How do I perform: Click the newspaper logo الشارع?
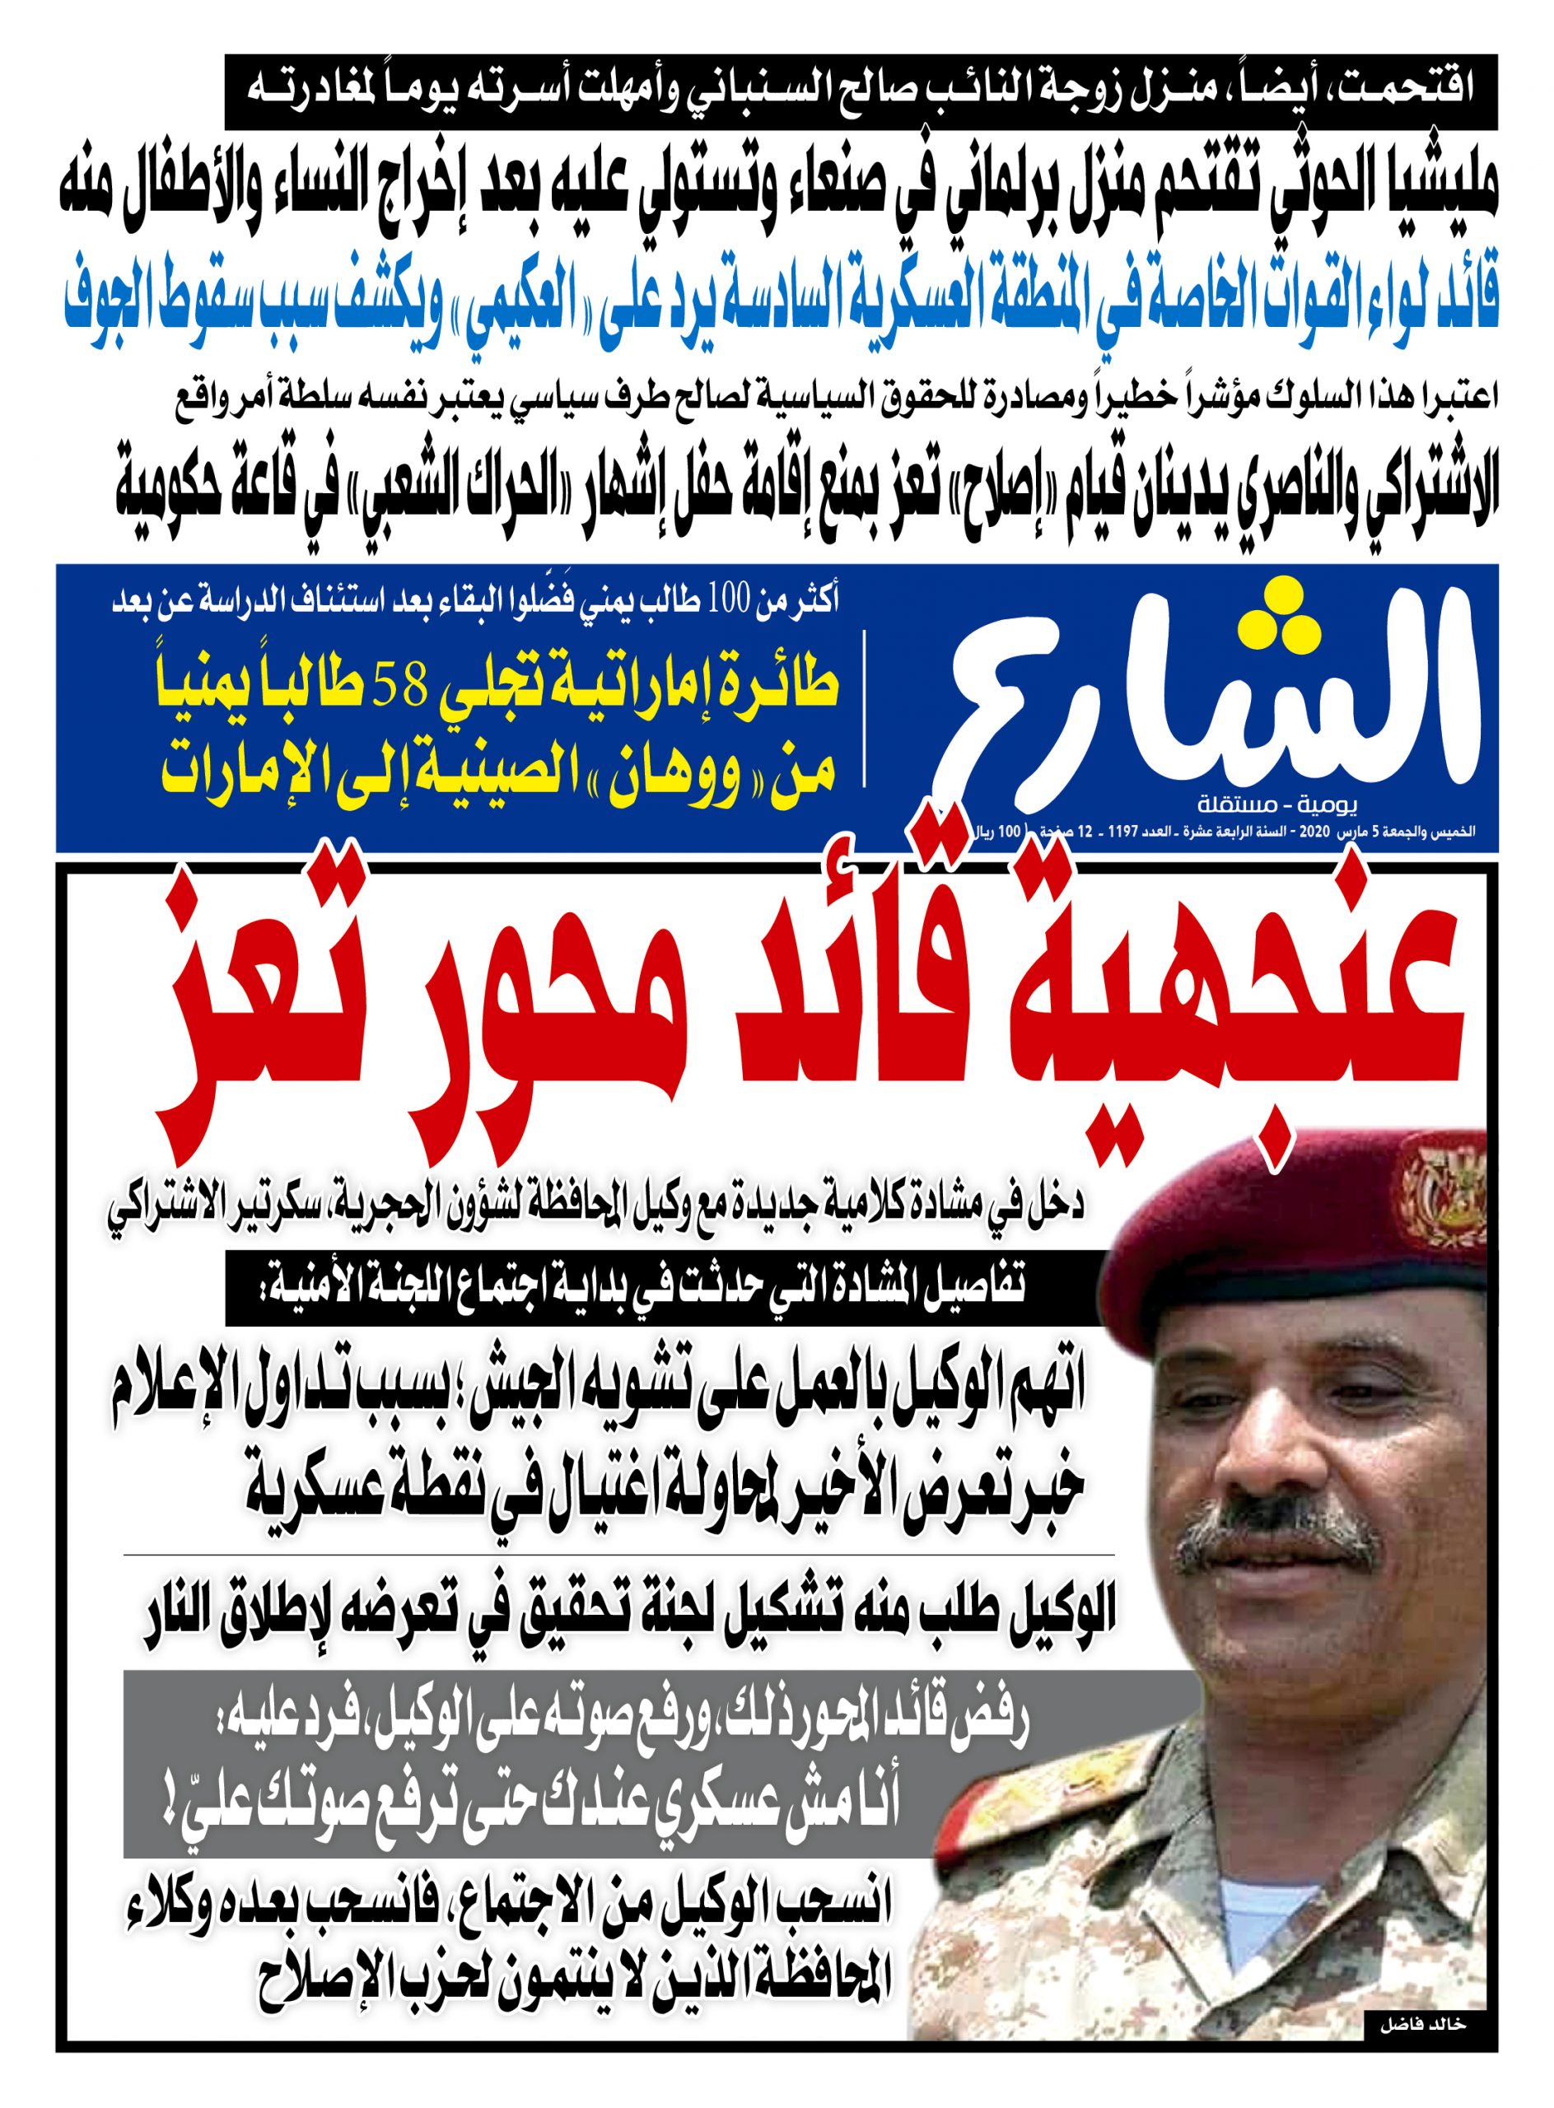(x=1214, y=696)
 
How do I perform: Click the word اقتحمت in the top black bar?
(x=1411, y=92)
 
